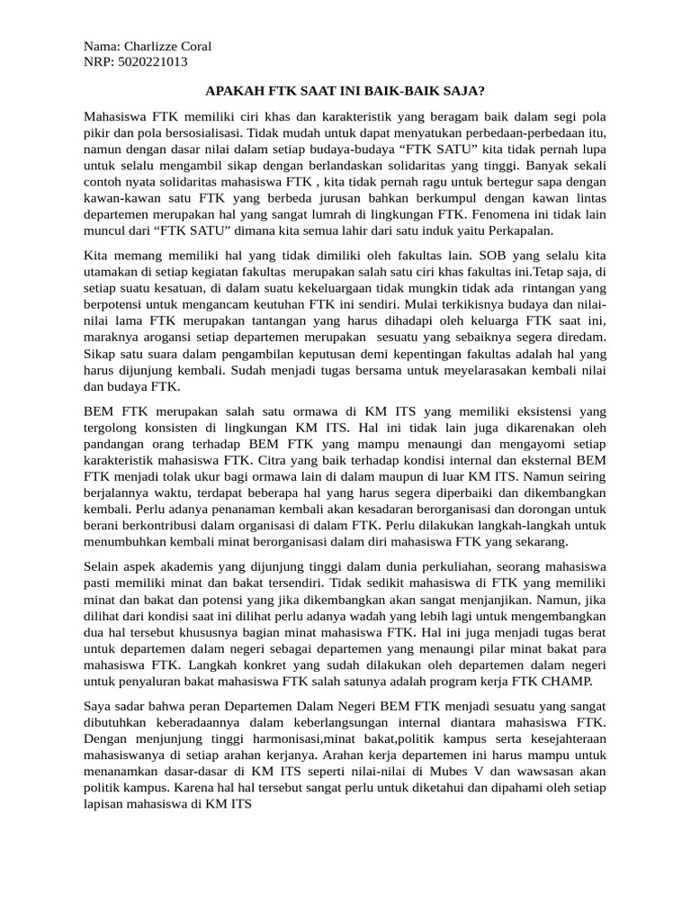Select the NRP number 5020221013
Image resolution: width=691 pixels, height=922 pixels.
[x=153, y=62]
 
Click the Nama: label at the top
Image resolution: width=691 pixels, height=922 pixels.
[x=101, y=46]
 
